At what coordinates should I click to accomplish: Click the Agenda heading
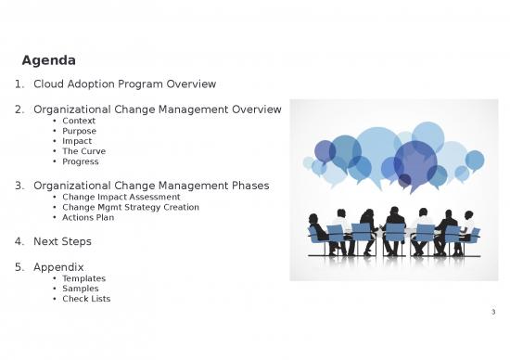point(48,61)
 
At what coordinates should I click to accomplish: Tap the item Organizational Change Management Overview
point(157,110)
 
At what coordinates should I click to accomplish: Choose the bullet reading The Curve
point(83,152)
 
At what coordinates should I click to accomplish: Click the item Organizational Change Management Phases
point(150,186)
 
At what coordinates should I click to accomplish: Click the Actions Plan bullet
point(87,218)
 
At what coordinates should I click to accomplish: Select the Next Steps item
point(62,241)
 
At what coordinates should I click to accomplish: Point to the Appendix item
point(58,267)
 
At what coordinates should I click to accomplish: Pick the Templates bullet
point(83,278)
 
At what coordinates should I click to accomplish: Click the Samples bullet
point(81,289)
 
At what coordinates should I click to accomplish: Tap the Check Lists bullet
point(86,299)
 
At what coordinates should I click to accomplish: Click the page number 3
point(493,312)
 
